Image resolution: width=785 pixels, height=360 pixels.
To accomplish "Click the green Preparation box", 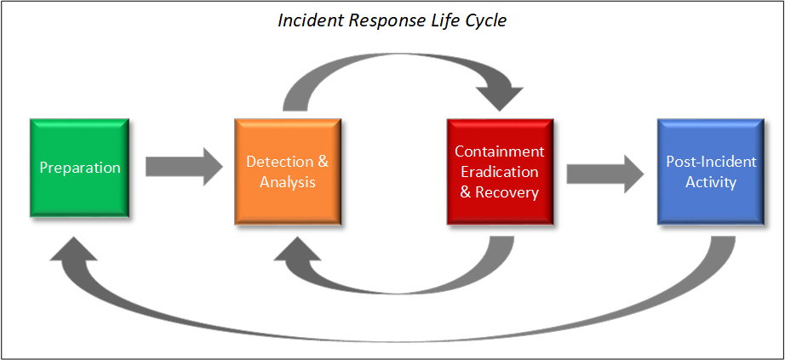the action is [79, 168].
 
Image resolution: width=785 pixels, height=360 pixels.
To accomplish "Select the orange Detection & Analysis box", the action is [288, 171].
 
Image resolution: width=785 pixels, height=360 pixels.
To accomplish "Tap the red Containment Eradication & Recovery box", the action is [500, 171].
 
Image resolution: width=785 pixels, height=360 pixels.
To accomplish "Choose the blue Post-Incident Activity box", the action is [711, 171].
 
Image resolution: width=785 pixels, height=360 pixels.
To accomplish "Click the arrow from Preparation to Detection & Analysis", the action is [184, 167].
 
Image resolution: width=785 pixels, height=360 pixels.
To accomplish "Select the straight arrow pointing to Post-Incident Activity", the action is [605, 174].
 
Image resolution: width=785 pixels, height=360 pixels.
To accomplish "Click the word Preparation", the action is [80, 168].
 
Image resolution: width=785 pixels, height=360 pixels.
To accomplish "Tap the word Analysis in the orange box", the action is [288, 182].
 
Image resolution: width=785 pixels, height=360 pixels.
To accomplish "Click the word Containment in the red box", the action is [500, 151].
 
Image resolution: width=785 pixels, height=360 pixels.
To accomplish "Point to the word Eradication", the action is [500, 172].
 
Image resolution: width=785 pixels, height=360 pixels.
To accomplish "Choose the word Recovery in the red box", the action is [507, 192].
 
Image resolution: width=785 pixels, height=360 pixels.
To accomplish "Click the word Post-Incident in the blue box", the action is [711, 161].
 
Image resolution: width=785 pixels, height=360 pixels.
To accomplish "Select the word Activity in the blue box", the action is [711, 182].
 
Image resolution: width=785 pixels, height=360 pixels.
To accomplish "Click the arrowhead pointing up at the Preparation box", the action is [73, 249].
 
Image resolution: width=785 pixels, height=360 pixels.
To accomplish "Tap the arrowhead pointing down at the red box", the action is [500, 99].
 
